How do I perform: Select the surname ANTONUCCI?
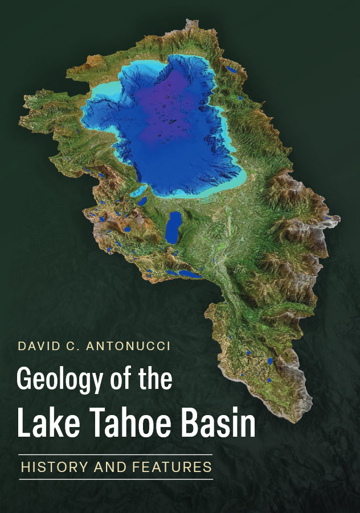click(x=128, y=347)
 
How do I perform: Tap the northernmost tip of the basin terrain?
click(x=190, y=24)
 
